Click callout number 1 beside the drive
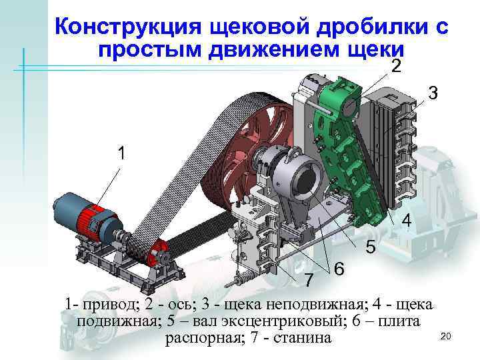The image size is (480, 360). click(121, 153)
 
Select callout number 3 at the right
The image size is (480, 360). click(433, 94)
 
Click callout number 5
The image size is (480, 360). click(371, 248)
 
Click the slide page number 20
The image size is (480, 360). click(447, 337)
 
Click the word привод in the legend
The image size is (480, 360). click(107, 305)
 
